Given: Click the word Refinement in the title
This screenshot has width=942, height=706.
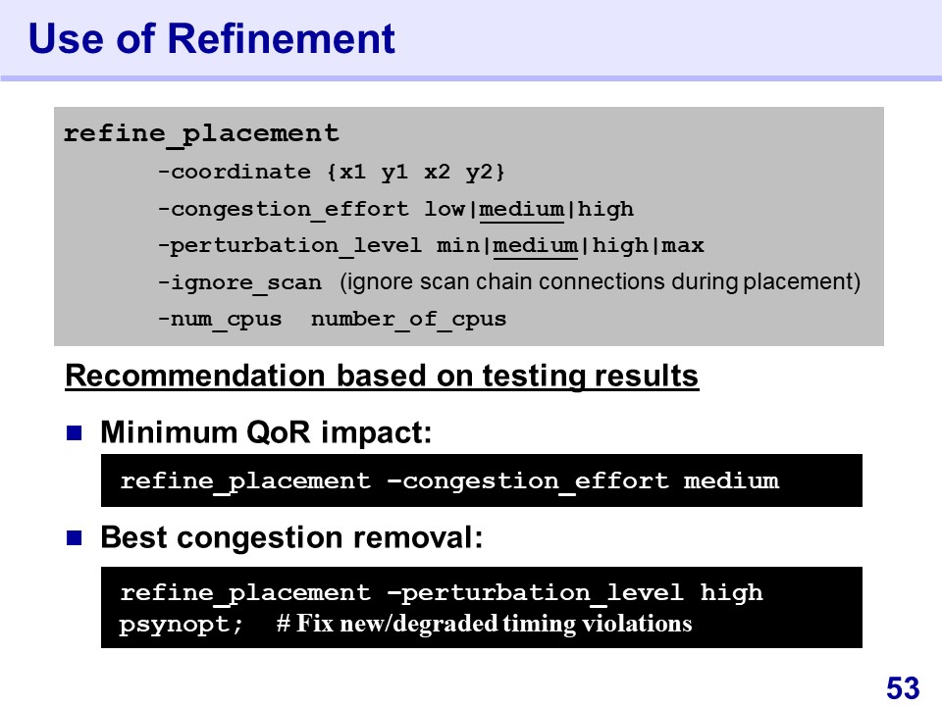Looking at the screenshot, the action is [x=282, y=39].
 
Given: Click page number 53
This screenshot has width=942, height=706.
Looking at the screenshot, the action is [x=903, y=688].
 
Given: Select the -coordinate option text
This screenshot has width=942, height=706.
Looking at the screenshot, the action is [x=235, y=173].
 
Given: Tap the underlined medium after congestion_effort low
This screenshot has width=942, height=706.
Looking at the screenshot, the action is [x=521, y=209].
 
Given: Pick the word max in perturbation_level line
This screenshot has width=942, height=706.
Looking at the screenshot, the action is [x=683, y=245].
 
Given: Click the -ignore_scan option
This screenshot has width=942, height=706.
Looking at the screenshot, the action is [x=239, y=282].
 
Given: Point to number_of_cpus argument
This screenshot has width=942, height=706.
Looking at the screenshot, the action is [x=408, y=319].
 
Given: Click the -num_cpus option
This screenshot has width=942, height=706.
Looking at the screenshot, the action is [x=220, y=319].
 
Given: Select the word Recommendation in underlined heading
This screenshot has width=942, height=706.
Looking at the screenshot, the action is [x=195, y=376].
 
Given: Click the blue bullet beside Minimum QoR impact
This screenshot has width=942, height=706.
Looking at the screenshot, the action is [x=74, y=432].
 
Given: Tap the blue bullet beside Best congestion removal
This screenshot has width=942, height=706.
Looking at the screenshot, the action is [x=74, y=537].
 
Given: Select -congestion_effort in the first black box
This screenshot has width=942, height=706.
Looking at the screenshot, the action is [x=528, y=480].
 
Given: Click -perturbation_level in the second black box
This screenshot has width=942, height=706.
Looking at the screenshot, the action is [x=536, y=593].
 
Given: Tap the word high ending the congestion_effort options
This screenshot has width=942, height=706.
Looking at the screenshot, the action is [x=605, y=209].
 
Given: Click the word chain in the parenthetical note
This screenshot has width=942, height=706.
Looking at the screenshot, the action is [x=498, y=281].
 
